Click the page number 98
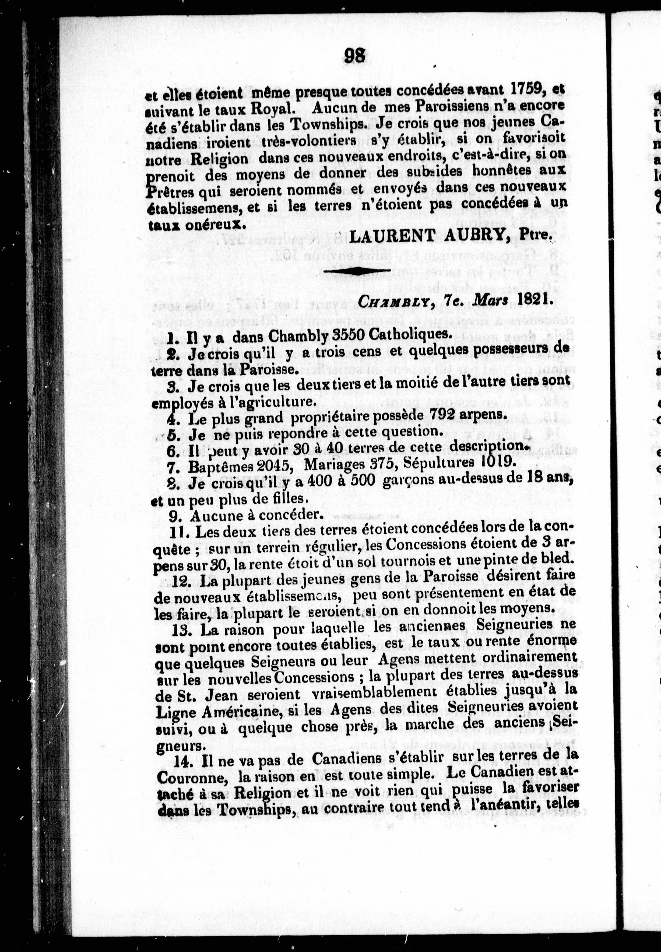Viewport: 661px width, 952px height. point(355,55)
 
